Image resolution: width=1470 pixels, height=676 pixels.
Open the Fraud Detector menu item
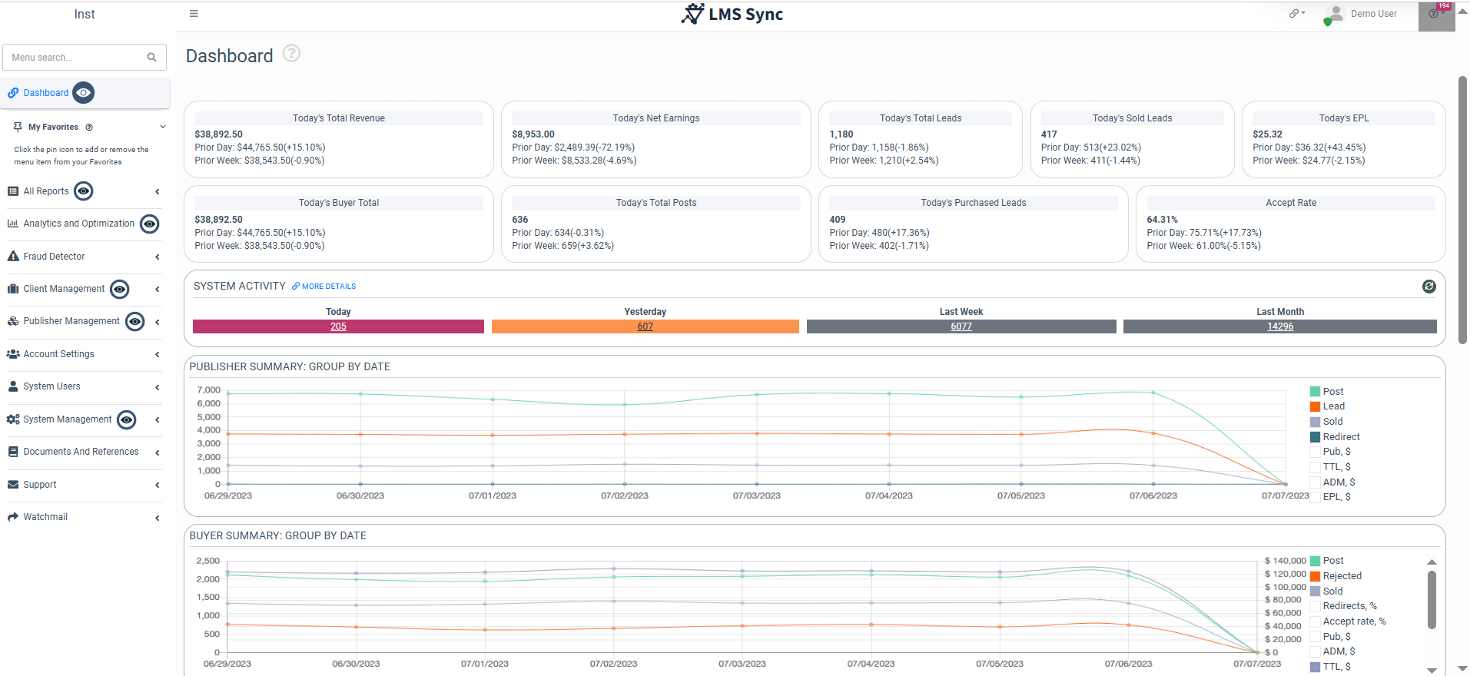(x=54, y=257)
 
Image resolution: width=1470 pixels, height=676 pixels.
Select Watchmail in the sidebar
(x=45, y=517)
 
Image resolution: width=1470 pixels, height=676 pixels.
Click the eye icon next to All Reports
(x=84, y=191)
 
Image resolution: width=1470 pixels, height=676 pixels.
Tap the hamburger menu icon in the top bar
(x=194, y=14)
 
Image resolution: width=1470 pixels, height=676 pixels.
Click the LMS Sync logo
(x=732, y=14)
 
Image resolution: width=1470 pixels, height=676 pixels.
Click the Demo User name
(x=1373, y=14)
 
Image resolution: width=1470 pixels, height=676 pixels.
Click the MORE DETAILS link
(x=328, y=287)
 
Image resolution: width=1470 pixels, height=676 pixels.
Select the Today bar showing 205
(x=338, y=326)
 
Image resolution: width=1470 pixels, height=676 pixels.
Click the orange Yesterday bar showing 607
(x=645, y=326)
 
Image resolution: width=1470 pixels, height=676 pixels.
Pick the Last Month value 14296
(x=1279, y=326)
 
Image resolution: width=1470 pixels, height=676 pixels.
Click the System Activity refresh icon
(x=1429, y=287)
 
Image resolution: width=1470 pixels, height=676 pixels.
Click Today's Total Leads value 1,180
(x=841, y=134)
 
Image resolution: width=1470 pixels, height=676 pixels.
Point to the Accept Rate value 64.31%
(x=1162, y=220)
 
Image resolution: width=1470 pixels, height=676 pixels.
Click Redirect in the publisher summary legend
(x=1341, y=437)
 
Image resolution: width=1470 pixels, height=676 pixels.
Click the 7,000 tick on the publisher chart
(x=208, y=390)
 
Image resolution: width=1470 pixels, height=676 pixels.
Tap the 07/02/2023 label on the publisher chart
(x=624, y=496)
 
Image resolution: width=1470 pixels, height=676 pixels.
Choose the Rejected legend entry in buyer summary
(x=1342, y=576)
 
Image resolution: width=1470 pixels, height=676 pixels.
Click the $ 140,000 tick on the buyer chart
(x=1285, y=561)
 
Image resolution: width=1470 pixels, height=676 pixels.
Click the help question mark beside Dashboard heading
(x=291, y=54)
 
